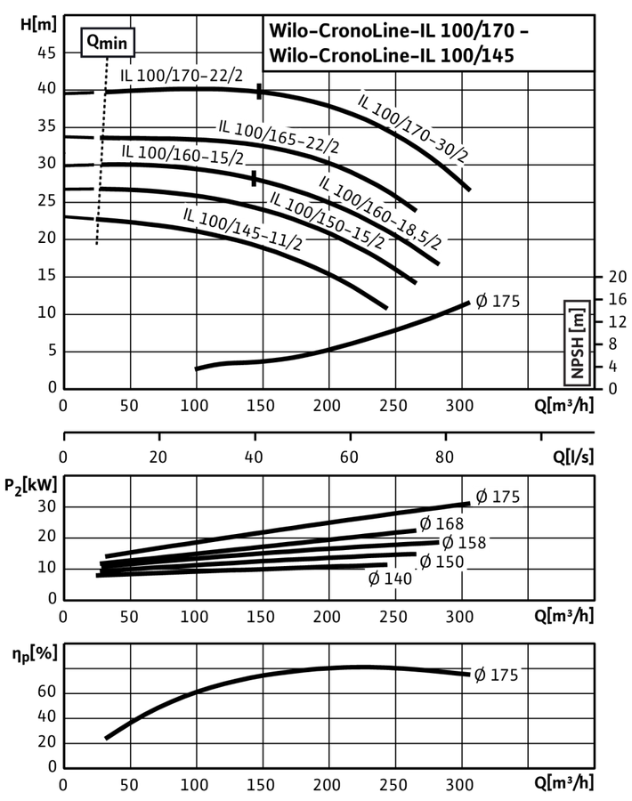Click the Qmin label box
pos(108,42)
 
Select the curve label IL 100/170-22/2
pos(182,76)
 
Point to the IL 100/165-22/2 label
pos(279,136)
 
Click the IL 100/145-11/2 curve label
pos(243,229)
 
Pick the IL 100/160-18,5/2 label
pos(380,212)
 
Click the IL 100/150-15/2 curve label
pos(327,220)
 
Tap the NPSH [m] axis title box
pos(578,343)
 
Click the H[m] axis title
pos(38,24)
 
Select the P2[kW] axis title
pos(30,485)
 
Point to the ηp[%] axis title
pos(34,653)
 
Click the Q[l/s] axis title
pos(573,457)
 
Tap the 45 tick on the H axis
pos(46,53)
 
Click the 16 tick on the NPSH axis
pos(617,299)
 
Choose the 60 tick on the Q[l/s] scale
pos(349,457)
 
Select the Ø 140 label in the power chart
pos(389,578)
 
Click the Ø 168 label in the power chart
pos(442,523)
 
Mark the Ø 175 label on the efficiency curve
pos(496,675)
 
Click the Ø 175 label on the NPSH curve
pos(498,302)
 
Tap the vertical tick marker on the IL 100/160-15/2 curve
pos(254,178)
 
